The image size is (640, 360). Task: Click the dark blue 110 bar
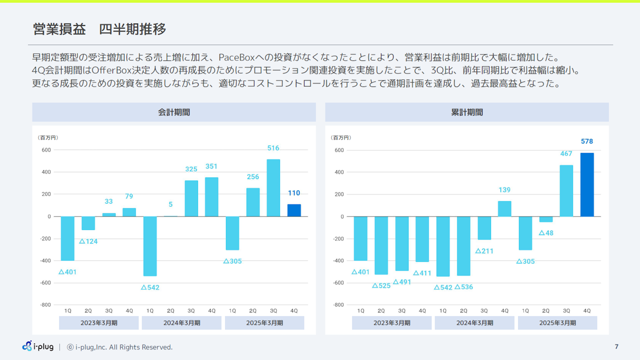click(x=294, y=210)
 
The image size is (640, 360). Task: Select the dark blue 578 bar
click(x=587, y=185)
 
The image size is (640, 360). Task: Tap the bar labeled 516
click(x=273, y=188)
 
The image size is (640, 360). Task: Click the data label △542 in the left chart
click(x=150, y=287)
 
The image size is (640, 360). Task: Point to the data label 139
click(x=504, y=190)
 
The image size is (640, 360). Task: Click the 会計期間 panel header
click(x=174, y=112)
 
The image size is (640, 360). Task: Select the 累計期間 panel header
click(x=467, y=112)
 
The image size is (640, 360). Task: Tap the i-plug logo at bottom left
click(x=38, y=346)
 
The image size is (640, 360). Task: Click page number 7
click(x=616, y=346)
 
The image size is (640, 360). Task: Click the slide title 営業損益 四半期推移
click(x=99, y=29)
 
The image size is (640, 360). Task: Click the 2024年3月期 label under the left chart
click(x=181, y=323)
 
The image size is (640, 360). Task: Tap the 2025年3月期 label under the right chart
click(x=557, y=323)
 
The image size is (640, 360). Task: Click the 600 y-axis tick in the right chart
click(x=338, y=150)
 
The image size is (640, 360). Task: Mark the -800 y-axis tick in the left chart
click(x=45, y=304)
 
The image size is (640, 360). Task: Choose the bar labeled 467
click(x=566, y=191)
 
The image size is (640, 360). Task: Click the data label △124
click(x=88, y=241)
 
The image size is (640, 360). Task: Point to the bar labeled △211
click(x=484, y=228)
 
